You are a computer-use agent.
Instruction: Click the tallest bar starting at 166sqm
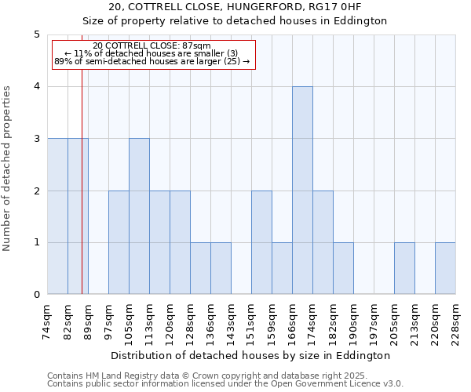(302, 191)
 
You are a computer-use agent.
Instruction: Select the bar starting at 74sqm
(57, 216)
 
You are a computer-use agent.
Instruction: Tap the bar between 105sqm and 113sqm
(139, 216)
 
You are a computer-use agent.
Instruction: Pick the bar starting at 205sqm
(404, 269)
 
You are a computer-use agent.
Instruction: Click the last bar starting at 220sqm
(445, 269)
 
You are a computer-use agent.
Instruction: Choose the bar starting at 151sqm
(261, 243)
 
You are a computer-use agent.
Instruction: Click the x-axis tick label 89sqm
(88, 321)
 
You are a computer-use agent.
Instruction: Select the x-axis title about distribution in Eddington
(250, 356)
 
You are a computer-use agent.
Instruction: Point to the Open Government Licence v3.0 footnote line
(225, 384)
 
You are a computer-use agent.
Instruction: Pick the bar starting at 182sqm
(343, 269)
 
